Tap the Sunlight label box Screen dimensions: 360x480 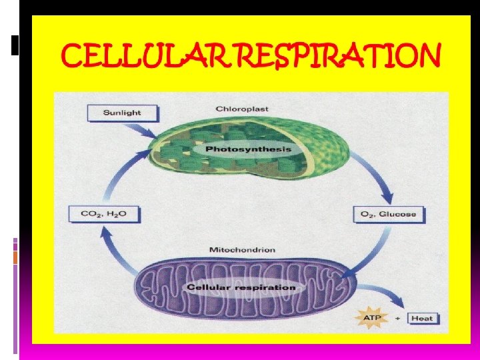point(122,113)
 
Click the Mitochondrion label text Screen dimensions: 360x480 point(242,250)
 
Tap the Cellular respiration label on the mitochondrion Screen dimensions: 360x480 point(241,287)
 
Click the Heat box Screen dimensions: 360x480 point(422,318)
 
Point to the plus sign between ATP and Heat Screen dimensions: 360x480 point(398,318)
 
